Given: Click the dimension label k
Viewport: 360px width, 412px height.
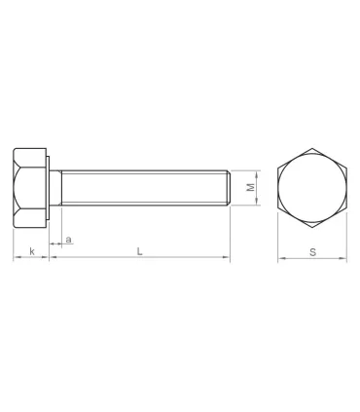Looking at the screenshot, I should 32,251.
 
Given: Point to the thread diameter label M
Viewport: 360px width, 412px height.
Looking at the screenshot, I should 250,186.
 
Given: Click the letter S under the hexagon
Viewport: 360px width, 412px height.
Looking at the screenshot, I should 312,251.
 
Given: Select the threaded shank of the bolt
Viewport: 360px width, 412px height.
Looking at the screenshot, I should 146,187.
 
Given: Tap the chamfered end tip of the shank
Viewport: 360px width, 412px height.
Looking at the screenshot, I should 229,187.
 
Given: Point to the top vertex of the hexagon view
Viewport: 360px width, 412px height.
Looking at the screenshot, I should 312,147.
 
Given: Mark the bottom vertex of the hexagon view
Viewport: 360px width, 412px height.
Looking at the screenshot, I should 312,227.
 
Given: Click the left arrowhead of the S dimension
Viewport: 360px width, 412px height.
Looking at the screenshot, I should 281,259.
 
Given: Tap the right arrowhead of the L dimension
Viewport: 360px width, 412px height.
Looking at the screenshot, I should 227,259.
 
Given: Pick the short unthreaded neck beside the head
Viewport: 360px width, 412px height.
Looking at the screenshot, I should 56,187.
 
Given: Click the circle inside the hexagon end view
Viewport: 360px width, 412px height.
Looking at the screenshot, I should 312,187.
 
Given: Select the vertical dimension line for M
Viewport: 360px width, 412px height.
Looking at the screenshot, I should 258,187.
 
